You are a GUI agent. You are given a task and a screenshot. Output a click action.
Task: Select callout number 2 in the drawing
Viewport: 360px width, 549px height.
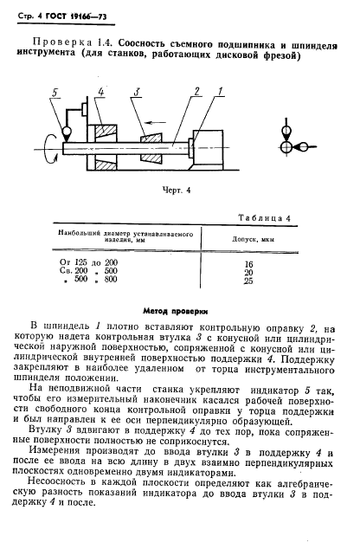pyautogui.click(x=198, y=90)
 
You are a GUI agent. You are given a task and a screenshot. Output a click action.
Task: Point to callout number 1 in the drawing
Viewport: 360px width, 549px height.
pyautogui.click(x=221, y=90)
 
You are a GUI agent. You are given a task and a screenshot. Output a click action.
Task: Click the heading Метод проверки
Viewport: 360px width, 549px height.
pyautogui.click(x=179, y=309)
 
